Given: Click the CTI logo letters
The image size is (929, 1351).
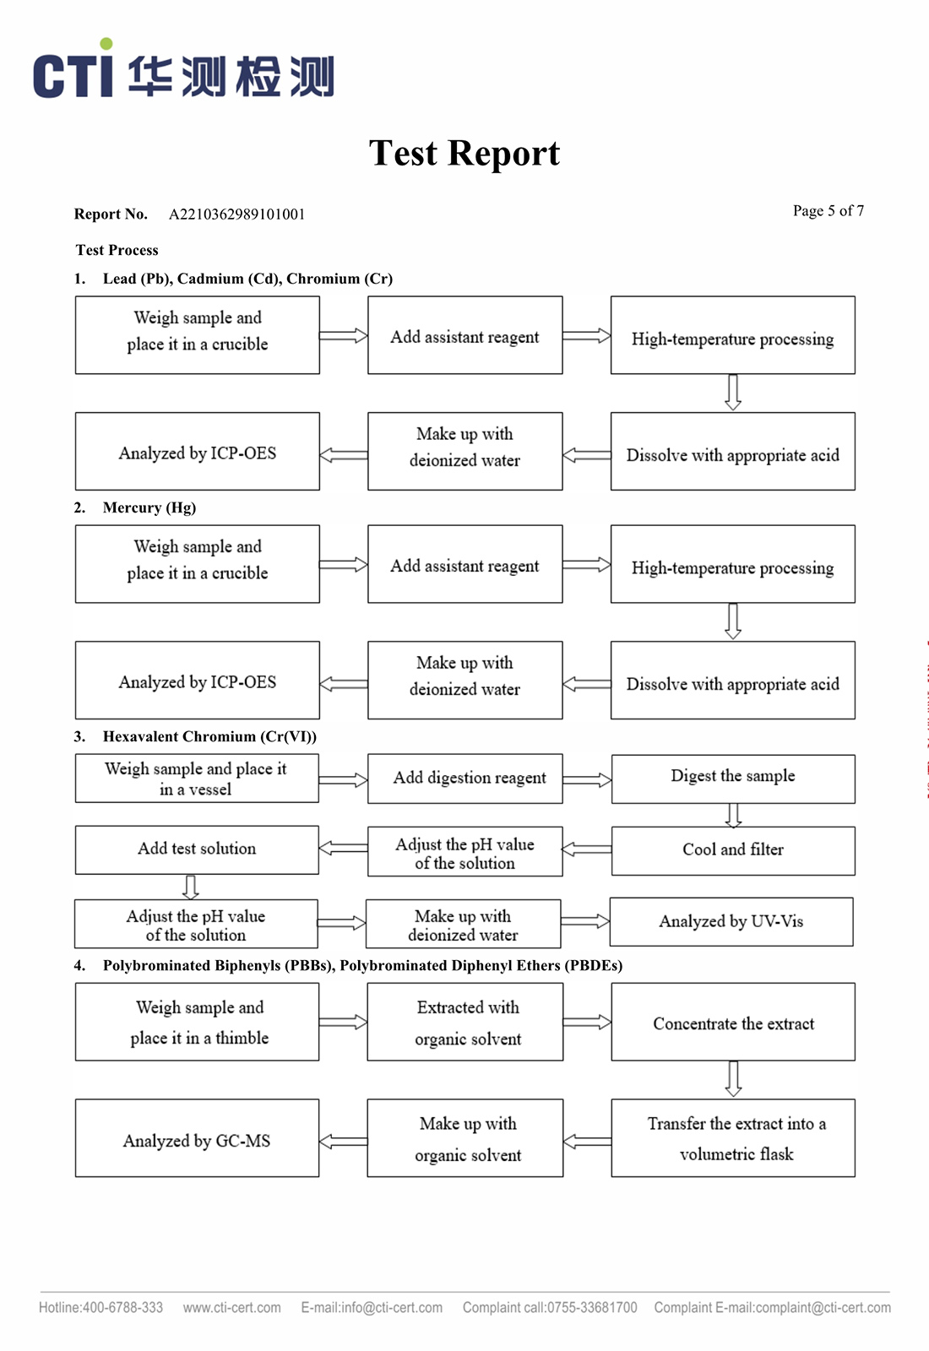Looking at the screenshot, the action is (x=73, y=68).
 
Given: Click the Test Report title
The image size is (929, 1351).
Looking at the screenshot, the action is (x=465, y=153).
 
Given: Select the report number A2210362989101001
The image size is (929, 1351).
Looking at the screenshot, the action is (x=236, y=214).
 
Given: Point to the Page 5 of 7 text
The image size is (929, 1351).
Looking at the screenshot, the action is (x=828, y=210).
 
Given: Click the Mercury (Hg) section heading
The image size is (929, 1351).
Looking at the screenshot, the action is (x=149, y=507).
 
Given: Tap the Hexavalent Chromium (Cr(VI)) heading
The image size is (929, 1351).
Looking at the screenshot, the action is (x=209, y=736).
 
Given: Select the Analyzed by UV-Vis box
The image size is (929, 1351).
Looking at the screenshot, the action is (x=731, y=921).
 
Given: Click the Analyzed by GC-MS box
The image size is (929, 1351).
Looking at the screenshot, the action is (x=198, y=1138).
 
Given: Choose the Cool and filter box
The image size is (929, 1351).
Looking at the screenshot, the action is (x=733, y=850).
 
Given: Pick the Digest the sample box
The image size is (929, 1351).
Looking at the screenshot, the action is (x=733, y=779).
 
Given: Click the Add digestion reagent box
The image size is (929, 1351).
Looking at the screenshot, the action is (x=465, y=779).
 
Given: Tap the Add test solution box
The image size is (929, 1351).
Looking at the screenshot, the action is (x=198, y=849).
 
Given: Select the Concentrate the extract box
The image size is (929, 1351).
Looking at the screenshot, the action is (x=733, y=1022).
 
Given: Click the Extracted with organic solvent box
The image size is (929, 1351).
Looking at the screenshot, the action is (x=465, y=1022).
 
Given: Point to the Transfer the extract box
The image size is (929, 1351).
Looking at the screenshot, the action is (x=733, y=1138).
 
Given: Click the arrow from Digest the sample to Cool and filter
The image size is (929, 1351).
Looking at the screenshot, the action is (x=733, y=815).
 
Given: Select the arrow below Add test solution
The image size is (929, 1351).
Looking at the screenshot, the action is (x=191, y=887).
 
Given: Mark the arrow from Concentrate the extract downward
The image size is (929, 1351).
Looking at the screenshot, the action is (x=733, y=1079).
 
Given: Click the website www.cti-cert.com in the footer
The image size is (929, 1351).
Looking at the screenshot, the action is (x=232, y=1308).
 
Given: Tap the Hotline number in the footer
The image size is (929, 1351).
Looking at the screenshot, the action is (x=101, y=1308).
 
